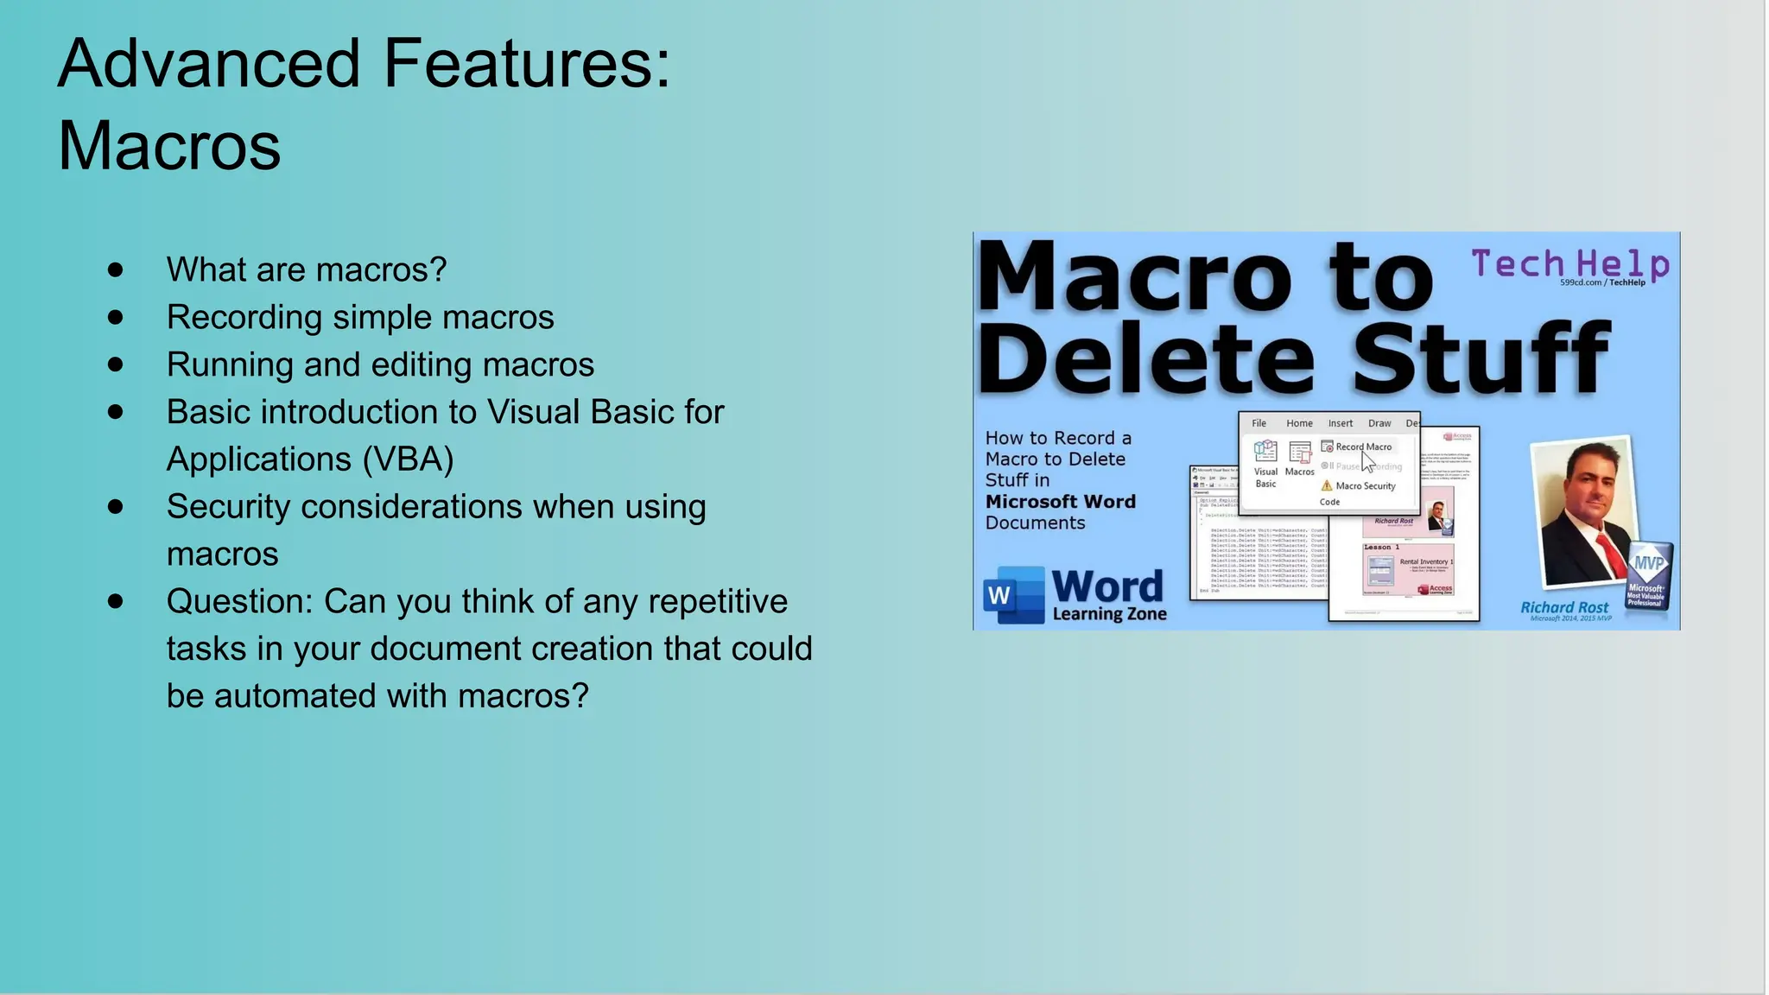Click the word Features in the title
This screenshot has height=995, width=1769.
[x=526, y=64]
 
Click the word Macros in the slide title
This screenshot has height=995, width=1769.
[x=169, y=146]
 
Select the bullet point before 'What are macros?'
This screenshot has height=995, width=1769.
[x=116, y=270]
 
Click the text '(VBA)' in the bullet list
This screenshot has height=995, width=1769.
[x=408, y=459]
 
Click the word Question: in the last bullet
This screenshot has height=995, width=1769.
[x=239, y=602]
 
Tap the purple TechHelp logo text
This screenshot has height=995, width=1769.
[x=1569, y=263]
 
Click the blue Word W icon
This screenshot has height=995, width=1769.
[x=1013, y=595]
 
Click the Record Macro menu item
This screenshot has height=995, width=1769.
[x=1362, y=447]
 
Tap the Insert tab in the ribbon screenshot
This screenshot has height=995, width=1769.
[x=1340, y=423]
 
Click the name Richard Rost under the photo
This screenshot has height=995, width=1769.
[x=1564, y=607]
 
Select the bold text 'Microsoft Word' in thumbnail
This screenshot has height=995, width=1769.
[x=1060, y=502]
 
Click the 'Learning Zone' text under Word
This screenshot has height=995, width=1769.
[x=1109, y=614]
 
